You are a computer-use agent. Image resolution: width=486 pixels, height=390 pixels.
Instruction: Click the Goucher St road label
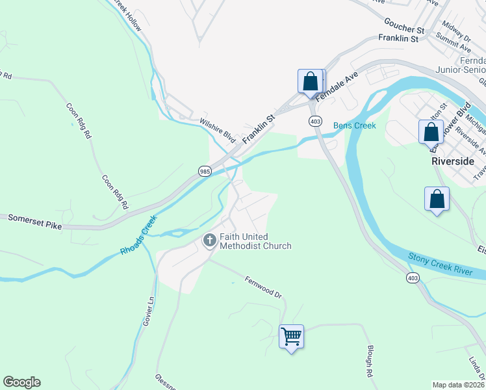click(403, 29)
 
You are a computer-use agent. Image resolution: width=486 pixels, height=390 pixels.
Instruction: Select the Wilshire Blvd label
click(218, 131)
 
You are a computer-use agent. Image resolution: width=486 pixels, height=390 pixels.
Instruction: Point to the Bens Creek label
click(355, 125)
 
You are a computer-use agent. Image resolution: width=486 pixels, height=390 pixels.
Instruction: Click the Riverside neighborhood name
click(453, 161)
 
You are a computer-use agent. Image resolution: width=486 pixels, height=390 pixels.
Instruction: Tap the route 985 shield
click(205, 171)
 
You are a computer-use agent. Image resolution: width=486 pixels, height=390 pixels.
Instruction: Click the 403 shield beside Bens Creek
click(315, 122)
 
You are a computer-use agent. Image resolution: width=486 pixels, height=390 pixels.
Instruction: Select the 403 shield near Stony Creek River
click(414, 278)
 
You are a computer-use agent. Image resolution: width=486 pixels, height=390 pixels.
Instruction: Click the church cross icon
click(210, 240)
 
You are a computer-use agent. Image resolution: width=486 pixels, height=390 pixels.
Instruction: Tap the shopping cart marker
click(291, 337)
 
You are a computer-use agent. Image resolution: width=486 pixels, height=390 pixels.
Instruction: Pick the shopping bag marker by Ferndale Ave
click(310, 81)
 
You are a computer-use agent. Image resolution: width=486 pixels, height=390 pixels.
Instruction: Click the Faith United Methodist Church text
click(255, 241)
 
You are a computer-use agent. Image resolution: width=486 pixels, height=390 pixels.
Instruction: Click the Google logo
click(21, 382)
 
